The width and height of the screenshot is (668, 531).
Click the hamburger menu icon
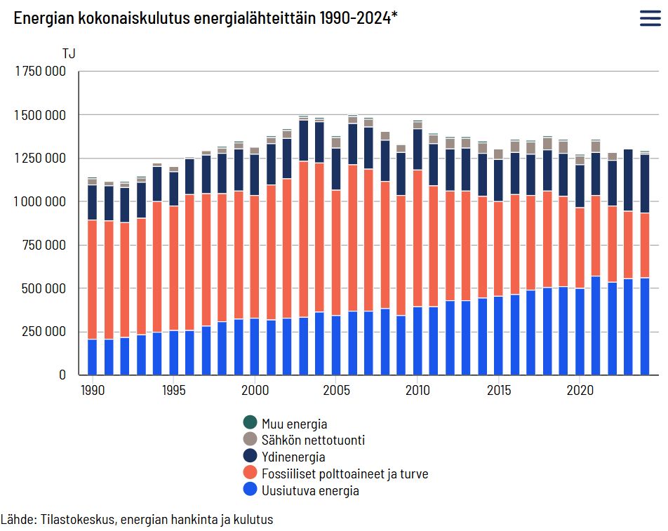click(x=650, y=19)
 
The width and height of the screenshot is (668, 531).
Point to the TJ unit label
click(x=69, y=53)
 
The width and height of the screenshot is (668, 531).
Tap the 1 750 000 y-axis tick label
click(x=40, y=72)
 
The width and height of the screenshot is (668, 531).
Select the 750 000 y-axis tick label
click(x=44, y=245)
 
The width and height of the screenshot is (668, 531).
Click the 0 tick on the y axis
click(x=62, y=375)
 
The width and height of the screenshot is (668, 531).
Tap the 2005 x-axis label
click(x=336, y=390)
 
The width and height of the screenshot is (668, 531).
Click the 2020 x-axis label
click(x=580, y=390)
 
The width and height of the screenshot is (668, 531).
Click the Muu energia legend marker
click(x=250, y=423)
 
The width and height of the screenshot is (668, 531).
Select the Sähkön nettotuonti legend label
click(x=313, y=441)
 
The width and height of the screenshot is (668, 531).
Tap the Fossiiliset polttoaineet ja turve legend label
click(x=345, y=474)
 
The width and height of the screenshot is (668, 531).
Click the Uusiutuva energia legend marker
click(x=250, y=490)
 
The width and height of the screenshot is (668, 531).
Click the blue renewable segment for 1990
click(x=92, y=357)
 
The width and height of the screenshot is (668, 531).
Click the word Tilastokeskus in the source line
click(x=76, y=520)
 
